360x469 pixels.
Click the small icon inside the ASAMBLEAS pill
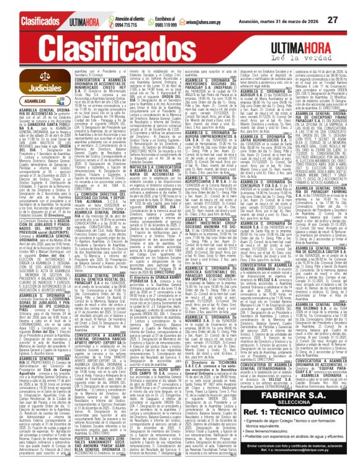tap(11, 100)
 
